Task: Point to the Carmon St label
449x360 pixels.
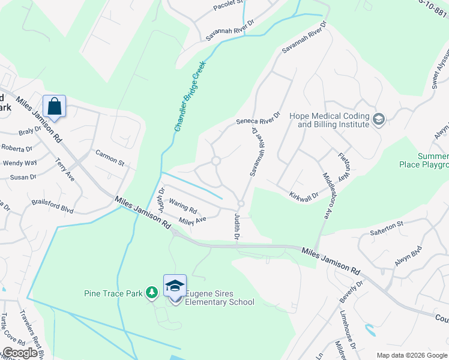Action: (109, 158)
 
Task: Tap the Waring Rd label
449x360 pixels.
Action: (182, 206)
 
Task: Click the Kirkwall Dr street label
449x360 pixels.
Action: (303, 196)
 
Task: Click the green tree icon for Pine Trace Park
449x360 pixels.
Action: (152, 292)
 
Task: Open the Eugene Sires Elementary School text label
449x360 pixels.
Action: (219, 298)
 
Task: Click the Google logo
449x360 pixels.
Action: (19, 353)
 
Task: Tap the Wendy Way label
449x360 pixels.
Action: (20, 163)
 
